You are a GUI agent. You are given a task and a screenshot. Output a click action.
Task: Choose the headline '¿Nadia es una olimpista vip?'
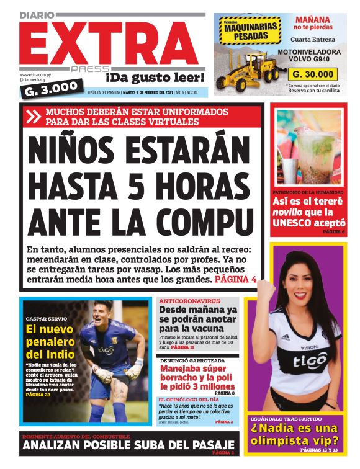295,435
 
